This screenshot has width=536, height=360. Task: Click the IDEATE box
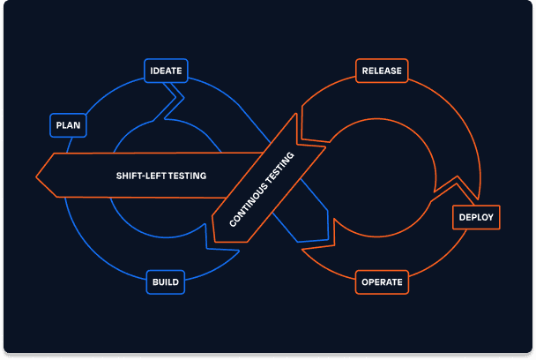pyautogui.click(x=166, y=71)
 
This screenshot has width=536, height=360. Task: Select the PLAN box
pyautogui.click(x=68, y=125)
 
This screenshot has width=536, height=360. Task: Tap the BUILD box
pyautogui.click(x=166, y=282)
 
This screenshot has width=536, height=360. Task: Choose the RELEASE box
pyautogui.click(x=382, y=71)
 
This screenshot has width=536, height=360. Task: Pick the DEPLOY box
pyautogui.click(x=476, y=216)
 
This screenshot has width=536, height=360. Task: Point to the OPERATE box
pyautogui.click(x=382, y=282)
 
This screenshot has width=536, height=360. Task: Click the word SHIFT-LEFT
pyautogui.click(x=139, y=176)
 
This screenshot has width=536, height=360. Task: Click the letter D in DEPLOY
pyautogui.click(x=461, y=217)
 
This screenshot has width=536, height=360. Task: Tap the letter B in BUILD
pyautogui.click(x=155, y=282)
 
